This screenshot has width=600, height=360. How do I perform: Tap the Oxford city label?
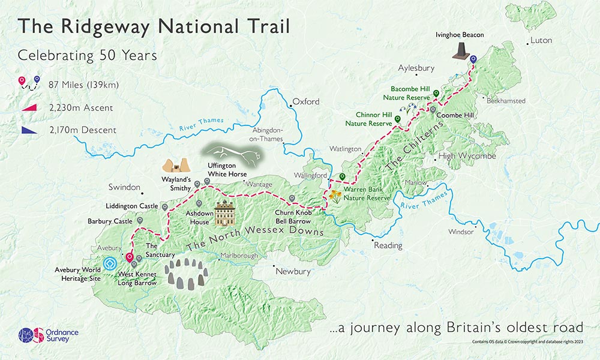306,101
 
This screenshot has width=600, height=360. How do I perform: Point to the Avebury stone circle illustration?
185,275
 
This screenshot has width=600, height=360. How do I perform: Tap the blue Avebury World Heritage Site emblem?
110,263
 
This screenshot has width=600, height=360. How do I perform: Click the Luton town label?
541,41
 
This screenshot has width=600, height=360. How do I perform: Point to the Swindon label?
124,187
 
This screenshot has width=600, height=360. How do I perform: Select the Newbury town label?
293,271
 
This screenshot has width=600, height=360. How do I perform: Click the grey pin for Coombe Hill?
432,110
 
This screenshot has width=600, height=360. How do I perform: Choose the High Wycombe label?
467,156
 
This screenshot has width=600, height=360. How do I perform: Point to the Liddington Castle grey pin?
164,207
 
